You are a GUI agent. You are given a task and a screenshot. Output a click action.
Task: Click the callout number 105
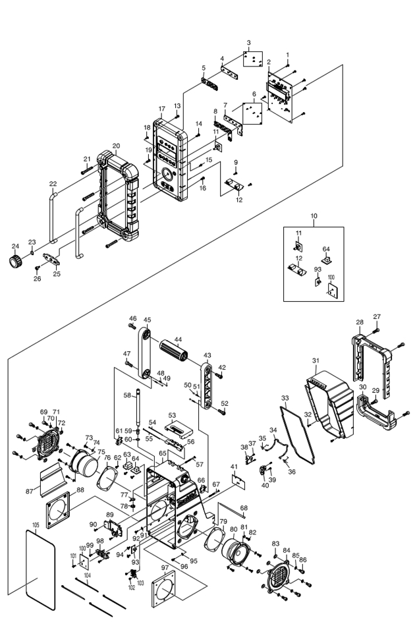36,526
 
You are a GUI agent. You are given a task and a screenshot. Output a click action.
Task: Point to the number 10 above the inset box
314,215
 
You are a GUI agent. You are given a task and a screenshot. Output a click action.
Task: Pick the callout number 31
316,360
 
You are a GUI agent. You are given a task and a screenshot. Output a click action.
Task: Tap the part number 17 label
161,108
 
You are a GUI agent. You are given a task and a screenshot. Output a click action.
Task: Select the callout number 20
116,146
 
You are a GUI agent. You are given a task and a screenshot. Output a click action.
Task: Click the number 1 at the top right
287,54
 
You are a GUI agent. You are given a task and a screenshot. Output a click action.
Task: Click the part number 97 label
165,567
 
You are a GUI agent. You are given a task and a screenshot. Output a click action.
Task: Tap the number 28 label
360,322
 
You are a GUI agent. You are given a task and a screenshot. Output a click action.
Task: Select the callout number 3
249,43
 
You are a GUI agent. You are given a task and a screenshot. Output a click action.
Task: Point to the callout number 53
173,415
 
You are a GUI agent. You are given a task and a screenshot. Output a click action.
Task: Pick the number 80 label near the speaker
233,529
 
